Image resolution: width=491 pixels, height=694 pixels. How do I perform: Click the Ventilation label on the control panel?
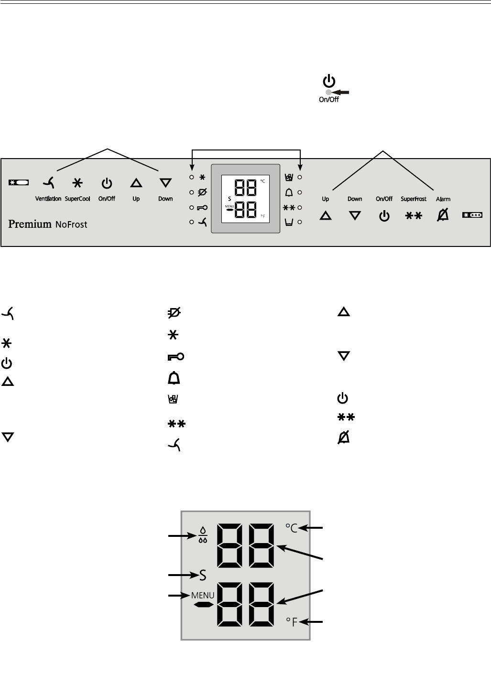[x=48, y=199]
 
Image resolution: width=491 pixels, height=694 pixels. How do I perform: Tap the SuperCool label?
[x=77, y=199]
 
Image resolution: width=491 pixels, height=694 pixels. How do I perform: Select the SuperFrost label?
[x=414, y=199]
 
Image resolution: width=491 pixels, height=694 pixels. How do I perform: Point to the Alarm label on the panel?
[x=443, y=199]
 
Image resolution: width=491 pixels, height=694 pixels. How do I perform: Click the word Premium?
[x=30, y=224]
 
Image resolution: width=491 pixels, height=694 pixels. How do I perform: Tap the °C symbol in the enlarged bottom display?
[x=292, y=528]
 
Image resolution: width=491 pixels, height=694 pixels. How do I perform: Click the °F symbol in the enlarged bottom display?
[x=292, y=621]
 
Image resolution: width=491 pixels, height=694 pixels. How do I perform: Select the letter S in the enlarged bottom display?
[x=203, y=576]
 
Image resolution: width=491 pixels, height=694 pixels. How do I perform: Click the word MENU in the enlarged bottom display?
[x=203, y=596]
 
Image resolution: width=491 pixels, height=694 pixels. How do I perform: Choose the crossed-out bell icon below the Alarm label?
[x=443, y=216]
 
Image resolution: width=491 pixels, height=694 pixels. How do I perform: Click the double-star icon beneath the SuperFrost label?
[x=414, y=216]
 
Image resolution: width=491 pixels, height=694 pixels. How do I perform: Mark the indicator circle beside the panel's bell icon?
[x=300, y=192]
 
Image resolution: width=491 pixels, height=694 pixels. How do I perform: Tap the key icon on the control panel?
[x=201, y=208]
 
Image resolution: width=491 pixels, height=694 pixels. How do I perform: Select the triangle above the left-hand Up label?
[x=136, y=182]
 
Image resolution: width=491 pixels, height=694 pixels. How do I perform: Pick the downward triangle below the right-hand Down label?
[x=355, y=216]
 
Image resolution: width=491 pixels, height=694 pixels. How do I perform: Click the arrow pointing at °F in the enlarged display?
[x=316, y=621]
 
